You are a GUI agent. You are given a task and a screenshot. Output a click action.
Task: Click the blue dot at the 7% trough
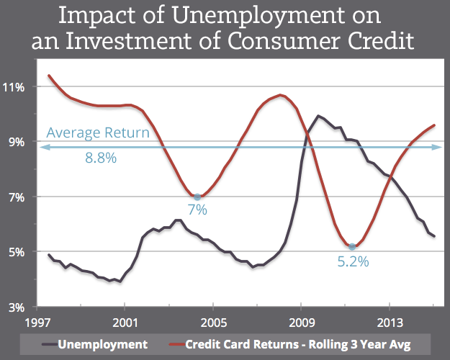click(197, 197)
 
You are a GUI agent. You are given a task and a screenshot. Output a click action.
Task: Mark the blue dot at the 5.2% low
click(351, 246)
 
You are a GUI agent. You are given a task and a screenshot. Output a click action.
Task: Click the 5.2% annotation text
click(353, 262)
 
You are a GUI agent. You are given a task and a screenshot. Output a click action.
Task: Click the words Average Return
click(98, 132)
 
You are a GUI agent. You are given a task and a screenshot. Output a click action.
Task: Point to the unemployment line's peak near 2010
click(318, 115)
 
